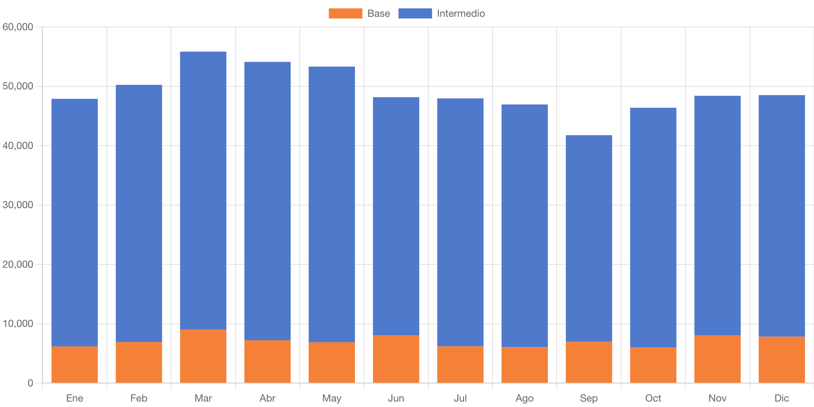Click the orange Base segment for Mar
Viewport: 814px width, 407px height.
(203, 356)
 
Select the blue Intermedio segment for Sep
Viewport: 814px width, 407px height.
(588, 238)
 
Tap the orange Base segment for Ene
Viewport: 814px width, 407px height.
(75, 365)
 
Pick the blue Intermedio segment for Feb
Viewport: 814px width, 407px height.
(139, 213)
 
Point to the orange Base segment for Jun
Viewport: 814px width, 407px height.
(396, 359)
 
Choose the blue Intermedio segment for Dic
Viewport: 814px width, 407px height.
(782, 216)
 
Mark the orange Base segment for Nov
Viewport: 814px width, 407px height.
(717, 359)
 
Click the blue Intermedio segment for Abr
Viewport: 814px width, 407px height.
(267, 201)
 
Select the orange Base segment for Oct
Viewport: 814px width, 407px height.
(653, 365)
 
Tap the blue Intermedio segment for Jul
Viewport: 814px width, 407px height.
(460, 222)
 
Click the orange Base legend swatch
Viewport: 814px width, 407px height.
(345, 13)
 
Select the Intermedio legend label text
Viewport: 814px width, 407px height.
(461, 13)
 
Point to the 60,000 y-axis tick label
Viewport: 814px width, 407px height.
(18, 27)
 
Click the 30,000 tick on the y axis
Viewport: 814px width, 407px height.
(18, 205)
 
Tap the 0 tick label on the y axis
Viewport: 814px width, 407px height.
(30, 383)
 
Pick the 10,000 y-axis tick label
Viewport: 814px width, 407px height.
(18, 324)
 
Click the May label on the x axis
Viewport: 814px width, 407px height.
(332, 398)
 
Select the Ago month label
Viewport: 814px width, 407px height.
(524, 398)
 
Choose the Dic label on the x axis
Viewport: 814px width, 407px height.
(782, 398)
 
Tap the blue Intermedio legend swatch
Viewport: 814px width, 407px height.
(415, 13)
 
